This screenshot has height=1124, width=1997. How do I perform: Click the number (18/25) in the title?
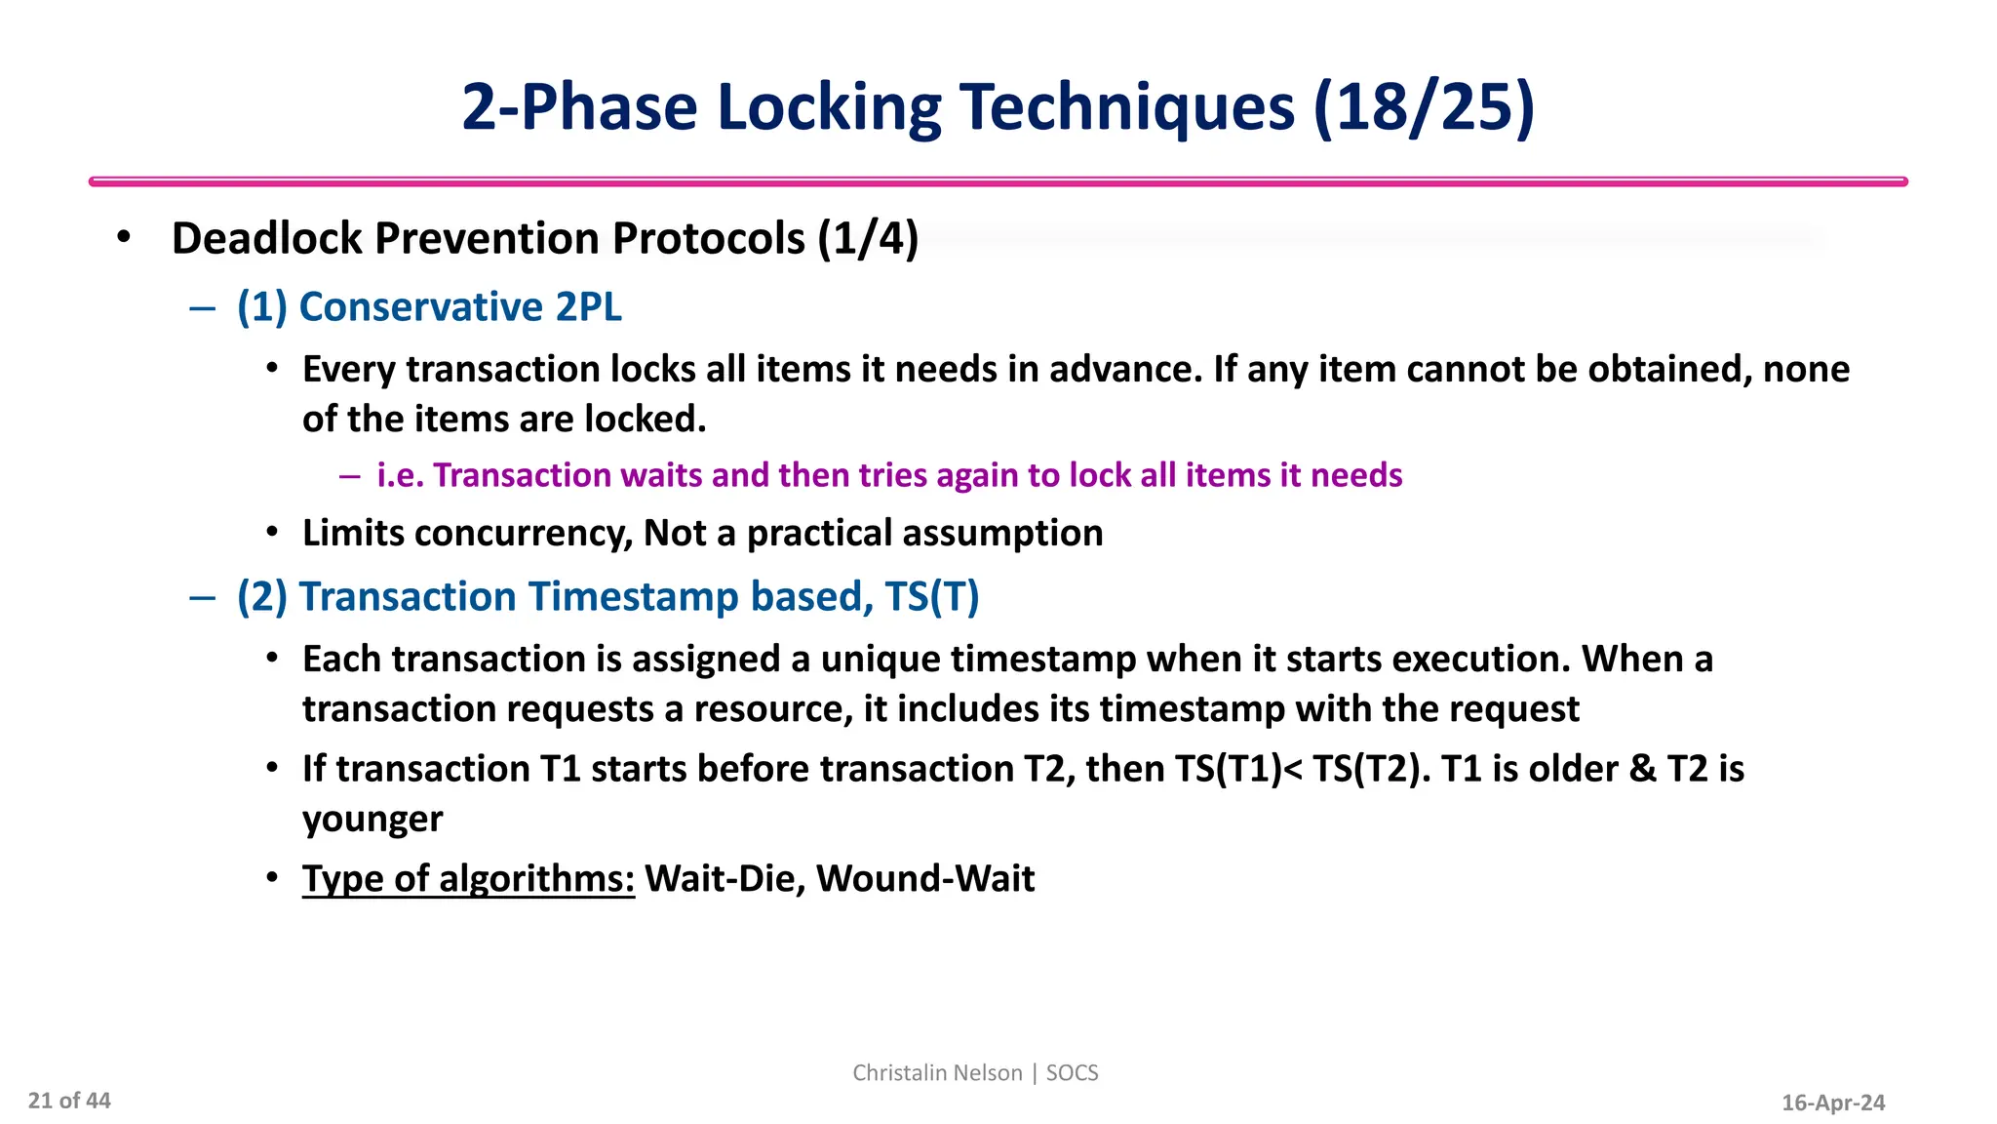(1424, 107)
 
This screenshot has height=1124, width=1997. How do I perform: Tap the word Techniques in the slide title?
(1126, 107)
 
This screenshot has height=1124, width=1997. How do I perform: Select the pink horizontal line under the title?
(998, 181)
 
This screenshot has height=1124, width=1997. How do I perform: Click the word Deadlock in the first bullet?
(266, 239)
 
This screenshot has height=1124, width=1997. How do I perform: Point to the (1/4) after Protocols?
(868, 239)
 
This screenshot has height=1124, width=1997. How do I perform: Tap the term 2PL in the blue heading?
(588, 307)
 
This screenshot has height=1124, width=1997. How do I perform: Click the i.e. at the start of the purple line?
(400, 475)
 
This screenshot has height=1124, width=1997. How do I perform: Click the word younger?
(372, 820)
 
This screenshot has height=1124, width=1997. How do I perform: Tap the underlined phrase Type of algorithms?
(468, 879)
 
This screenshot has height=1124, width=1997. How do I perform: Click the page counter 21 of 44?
(69, 1101)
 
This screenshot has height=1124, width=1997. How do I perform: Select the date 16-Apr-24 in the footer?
(1833, 1103)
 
